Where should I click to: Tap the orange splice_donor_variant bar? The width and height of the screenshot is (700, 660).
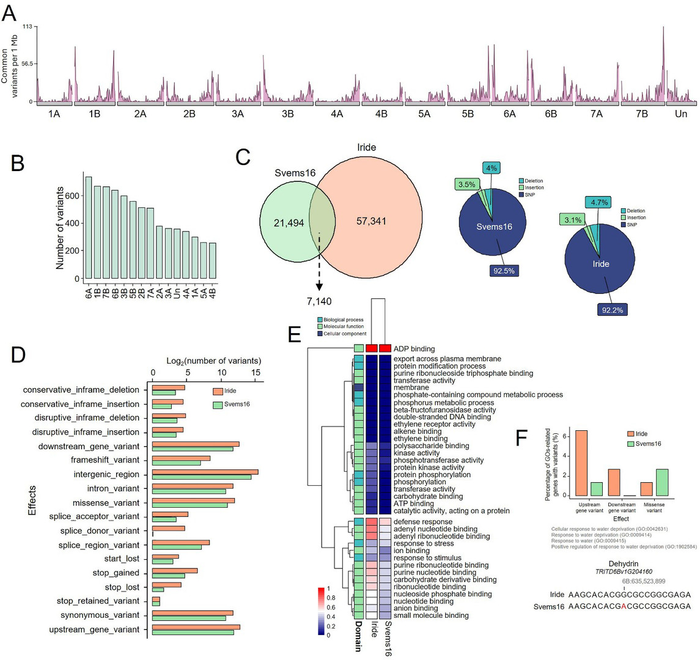168,528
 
